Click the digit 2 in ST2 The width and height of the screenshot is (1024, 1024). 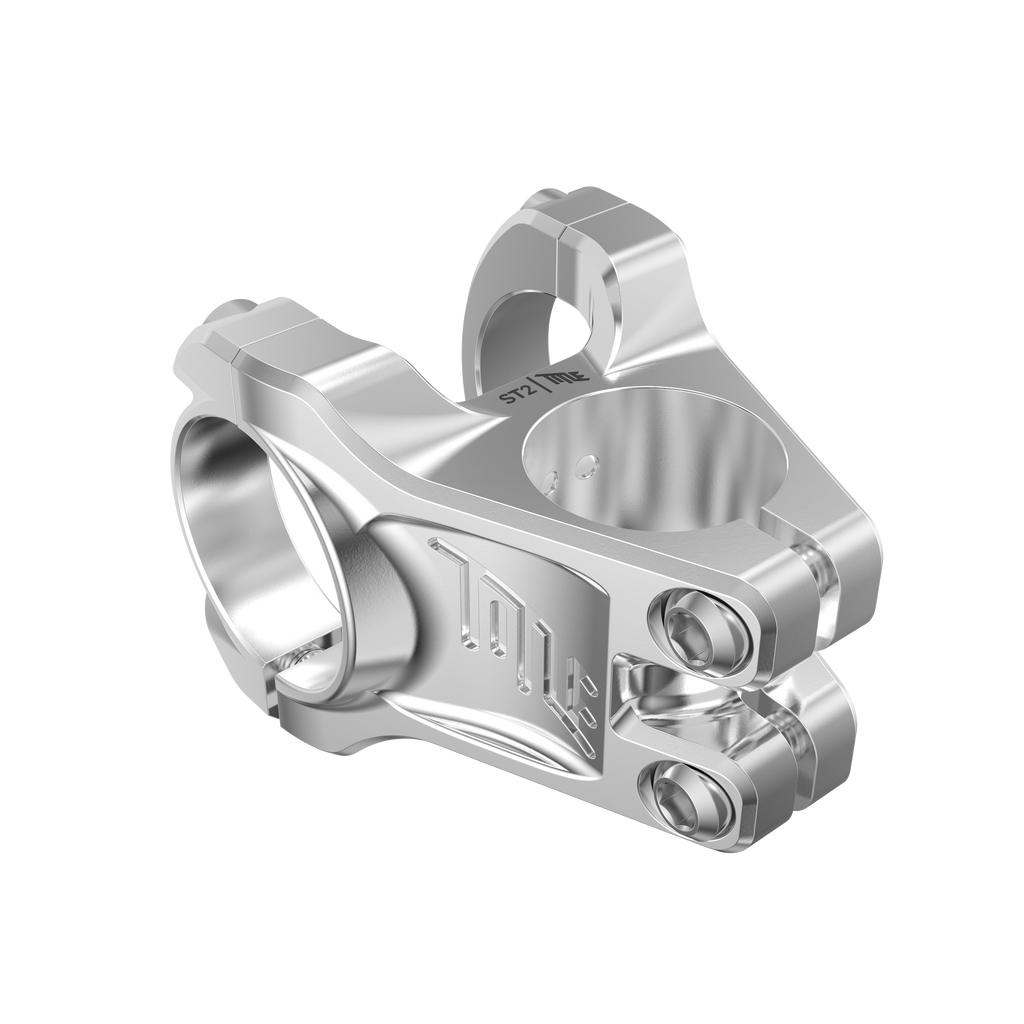(x=526, y=390)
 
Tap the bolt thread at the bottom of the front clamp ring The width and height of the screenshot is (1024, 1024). (x=300, y=655)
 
